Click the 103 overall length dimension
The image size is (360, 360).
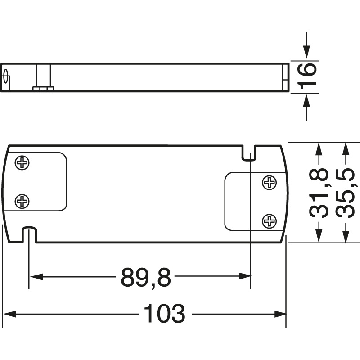click(x=164, y=314)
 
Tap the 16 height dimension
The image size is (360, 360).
click(x=306, y=76)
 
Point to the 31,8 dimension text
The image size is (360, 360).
click(x=319, y=193)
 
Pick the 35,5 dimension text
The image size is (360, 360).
click(x=346, y=193)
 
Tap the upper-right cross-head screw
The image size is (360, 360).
click(x=269, y=182)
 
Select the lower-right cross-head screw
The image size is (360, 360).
click(x=269, y=220)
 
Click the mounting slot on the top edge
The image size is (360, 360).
click(x=250, y=153)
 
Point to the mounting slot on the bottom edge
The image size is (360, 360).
click(x=29, y=234)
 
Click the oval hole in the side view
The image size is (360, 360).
click(x=6, y=77)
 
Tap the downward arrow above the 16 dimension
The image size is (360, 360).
click(x=306, y=53)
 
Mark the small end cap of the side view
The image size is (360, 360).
click(x=285, y=77)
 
